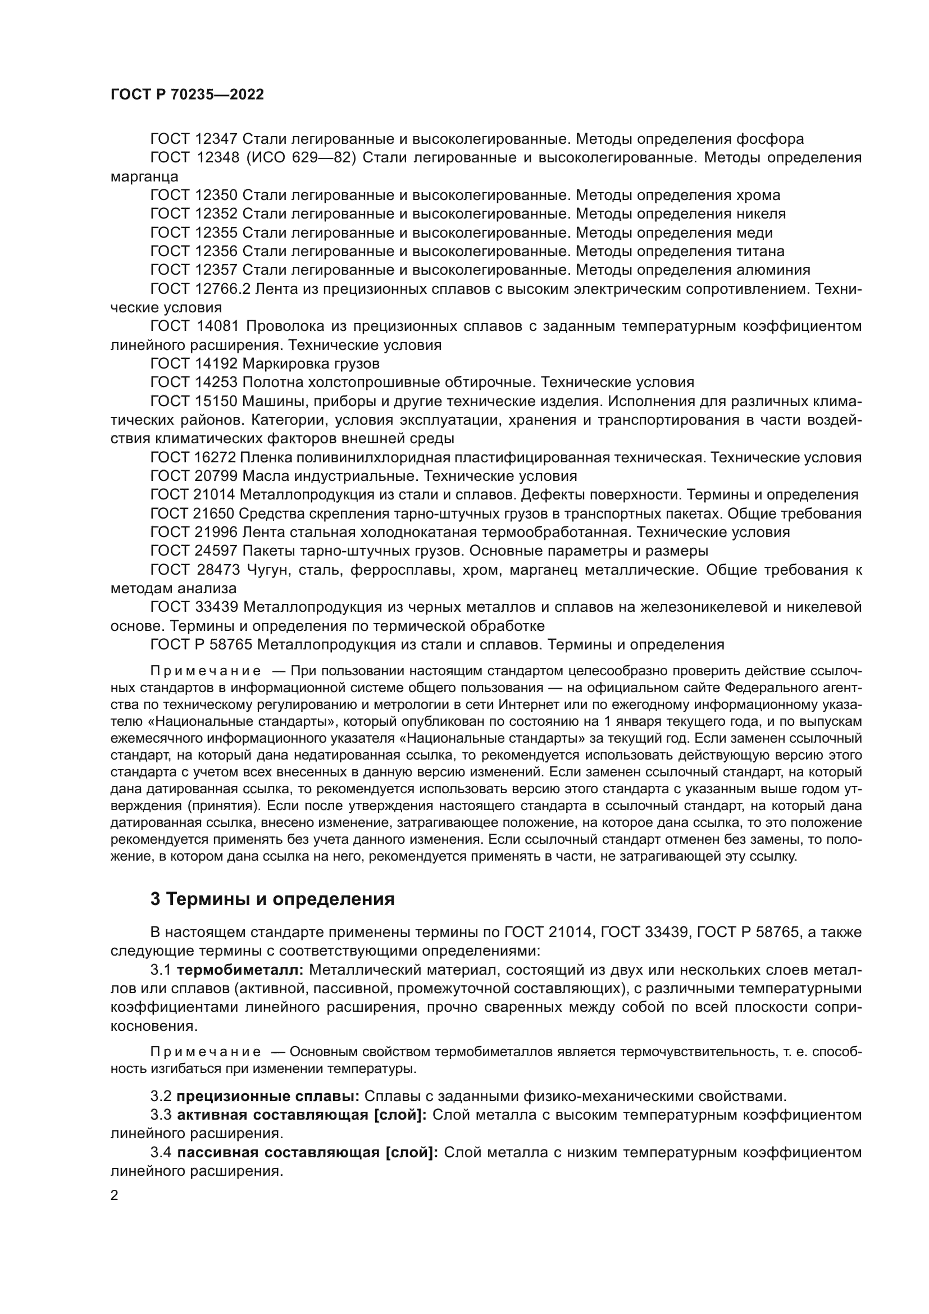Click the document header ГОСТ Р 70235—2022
(187, 95)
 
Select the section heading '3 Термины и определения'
(272, 899)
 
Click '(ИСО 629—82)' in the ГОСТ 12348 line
(301, 158)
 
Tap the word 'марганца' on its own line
(144, 176)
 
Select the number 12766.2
(222, 289)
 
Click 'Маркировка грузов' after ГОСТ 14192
(311, 364)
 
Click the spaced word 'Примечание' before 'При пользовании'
(206, 671)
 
